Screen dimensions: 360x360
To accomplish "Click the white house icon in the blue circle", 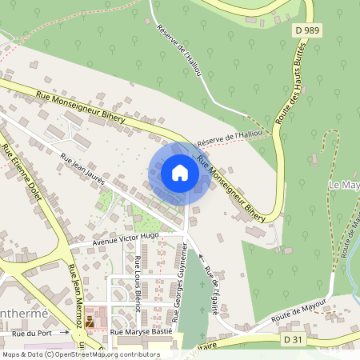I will pyautogui.click(x=180, y=173).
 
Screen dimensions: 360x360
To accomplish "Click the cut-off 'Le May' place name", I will pyautogui.click(x=344, y=185).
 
